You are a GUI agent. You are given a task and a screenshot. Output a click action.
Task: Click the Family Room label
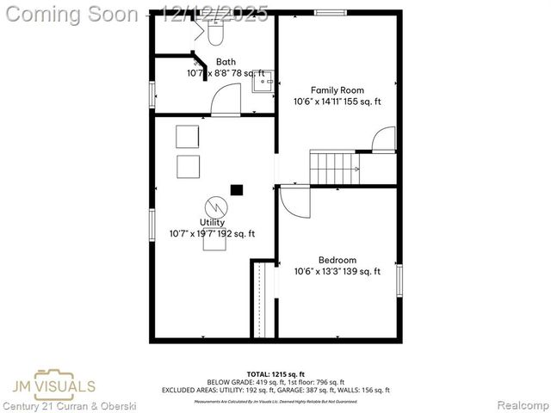pos(337,90)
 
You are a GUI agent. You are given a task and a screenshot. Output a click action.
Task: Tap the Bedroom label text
pos(337,260)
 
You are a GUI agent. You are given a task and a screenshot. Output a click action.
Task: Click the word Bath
pos(226,62)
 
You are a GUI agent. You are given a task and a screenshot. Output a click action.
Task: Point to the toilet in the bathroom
pos(214,32)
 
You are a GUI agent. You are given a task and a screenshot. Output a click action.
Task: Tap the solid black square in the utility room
pos(236,189)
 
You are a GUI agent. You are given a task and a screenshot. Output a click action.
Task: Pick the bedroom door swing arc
pos(294,204)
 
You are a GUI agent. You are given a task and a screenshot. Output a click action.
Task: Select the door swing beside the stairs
pos(384,139)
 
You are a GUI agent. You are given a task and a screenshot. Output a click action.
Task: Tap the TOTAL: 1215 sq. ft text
pos(275,374)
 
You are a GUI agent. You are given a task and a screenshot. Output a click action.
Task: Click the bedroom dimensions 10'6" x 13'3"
pos(337,272)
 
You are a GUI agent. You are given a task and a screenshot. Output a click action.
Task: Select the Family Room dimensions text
pos(337,102)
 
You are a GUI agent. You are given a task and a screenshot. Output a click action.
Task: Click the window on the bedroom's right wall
pos(399,280)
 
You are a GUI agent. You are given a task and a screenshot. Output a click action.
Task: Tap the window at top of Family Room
pos(330,13)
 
